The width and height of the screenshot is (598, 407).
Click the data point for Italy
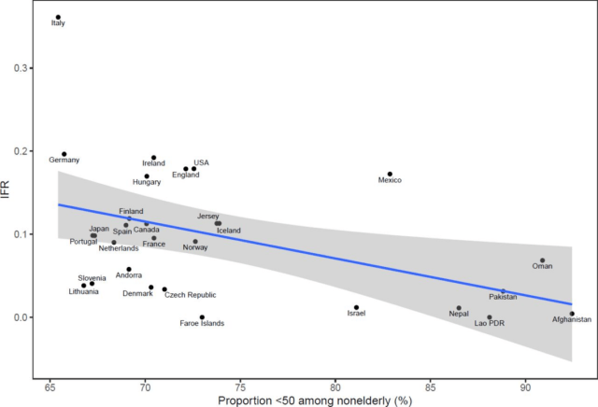[58, 17]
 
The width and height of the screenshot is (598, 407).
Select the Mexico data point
[390, 174]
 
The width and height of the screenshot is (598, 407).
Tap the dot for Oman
[542, 260]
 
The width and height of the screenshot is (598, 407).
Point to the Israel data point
[356, 307]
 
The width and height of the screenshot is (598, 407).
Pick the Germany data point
[64, 154]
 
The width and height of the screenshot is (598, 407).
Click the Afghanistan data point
[572, 314]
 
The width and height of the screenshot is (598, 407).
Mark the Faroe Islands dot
[202, 317]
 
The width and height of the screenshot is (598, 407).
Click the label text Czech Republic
[190, 295]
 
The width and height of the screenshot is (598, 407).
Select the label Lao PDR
[490, 324]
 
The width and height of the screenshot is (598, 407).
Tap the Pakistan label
[503, 297]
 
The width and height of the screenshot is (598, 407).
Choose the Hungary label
[147, 182]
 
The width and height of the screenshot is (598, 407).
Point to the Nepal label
[459, 314]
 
